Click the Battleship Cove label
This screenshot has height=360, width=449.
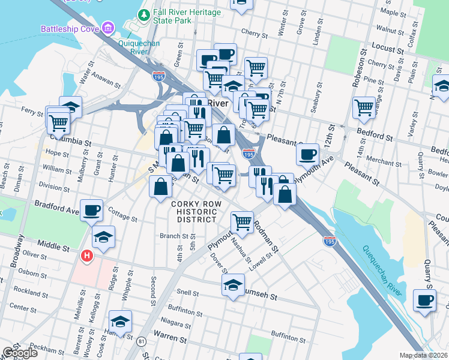[x=70, y=28]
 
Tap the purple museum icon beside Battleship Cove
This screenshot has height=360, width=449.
[x=108, y=28]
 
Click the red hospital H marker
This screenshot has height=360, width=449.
[x=87, y=256]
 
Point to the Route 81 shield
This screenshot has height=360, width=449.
[x=142, y=341]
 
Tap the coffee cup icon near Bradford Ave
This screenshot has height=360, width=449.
[x=91, y=211]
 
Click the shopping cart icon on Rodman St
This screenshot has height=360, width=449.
[x=242, y=222]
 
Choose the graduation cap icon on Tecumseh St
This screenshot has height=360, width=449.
[x=233, y=286]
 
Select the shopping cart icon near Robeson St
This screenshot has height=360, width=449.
[x=364, y=108]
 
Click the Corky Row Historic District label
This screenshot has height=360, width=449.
[x=193, y=212]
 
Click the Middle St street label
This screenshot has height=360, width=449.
[x=53, y=244]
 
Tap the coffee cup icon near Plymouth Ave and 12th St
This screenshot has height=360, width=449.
[x=307, y=155]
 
